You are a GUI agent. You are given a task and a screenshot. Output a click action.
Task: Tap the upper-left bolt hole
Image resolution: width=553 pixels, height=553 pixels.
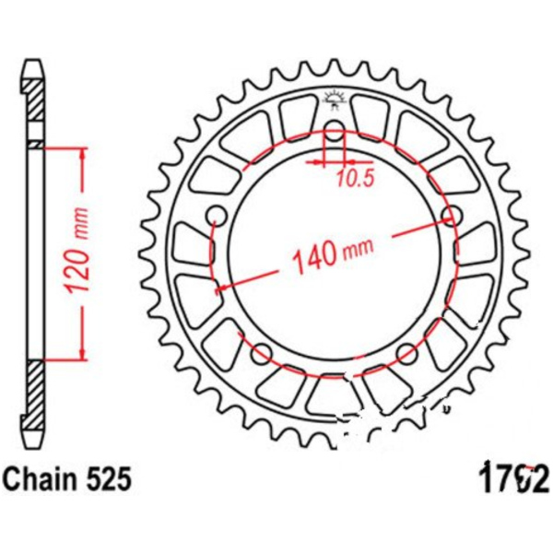tap(218, 217)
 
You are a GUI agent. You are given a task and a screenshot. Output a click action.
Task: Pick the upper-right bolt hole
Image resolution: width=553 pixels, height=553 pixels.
tap(451, 217)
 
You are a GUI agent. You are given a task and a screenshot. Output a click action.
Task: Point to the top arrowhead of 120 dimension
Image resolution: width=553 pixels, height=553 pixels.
tap(85, 153)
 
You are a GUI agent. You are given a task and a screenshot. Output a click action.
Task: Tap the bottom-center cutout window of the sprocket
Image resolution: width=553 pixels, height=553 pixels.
tap(334, 396)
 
